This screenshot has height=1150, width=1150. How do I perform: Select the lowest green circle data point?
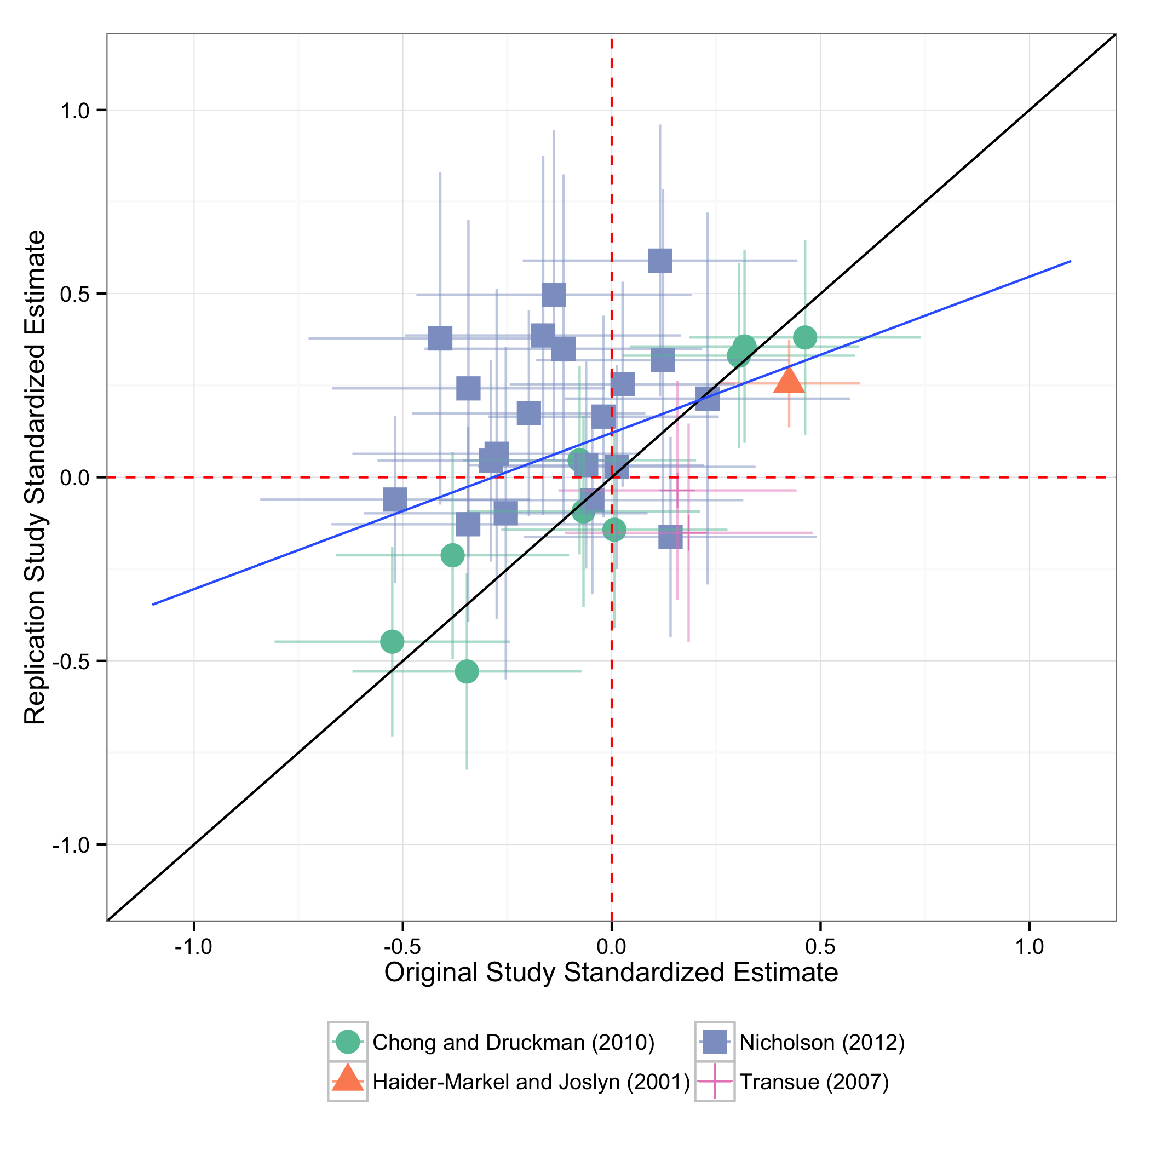467,671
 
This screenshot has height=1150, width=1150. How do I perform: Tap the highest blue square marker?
659,260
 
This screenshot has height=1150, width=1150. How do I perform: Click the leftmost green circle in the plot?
392,642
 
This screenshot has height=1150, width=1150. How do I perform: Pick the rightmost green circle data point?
805,337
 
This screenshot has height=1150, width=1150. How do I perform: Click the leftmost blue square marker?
395,499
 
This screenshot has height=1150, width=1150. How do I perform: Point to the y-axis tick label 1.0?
74,111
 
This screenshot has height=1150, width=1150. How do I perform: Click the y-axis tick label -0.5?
71,662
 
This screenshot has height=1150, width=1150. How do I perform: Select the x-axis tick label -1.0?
193,946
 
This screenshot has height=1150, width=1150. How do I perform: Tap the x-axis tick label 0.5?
820,946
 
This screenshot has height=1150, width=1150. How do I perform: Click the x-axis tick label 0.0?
611,946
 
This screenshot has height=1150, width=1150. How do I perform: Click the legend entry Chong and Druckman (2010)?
513,1042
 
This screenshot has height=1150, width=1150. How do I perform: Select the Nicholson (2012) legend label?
821,1042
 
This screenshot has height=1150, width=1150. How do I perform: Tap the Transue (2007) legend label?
814,1082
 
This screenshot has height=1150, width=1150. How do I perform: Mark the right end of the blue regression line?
1070,261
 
